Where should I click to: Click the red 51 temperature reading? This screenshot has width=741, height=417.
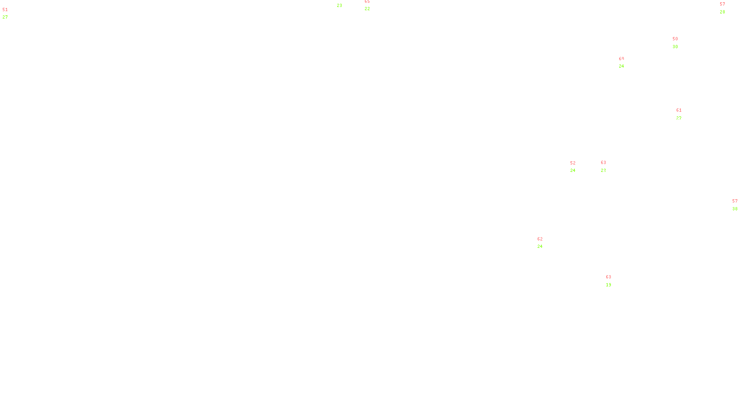pyautogui.click(x=5, y=10)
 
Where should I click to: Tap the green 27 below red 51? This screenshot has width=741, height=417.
pyautogui.click(x=5, y=17)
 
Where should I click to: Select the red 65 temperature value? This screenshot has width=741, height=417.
pyautogui.click(x=367, y=1)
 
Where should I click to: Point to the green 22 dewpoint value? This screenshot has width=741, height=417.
pyautogui.click(x=367, y=9)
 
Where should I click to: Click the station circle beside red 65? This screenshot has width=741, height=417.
pyautogui.click(x=371, y=5)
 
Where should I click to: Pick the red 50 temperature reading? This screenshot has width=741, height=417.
pyautogui.click(x=675, y=39)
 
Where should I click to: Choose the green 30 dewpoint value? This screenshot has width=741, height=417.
pyautogui.click(x=675, y=47)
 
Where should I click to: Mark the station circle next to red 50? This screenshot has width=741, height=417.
pyautogui.click(x=680, y=43)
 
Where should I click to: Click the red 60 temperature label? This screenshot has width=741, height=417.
pyautogui.click(x=622, y=59)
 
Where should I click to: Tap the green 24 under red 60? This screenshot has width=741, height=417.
pyautogui.click(x=622, y=66)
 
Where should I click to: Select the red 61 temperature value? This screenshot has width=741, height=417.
pyautogui.click(x=679, y=111)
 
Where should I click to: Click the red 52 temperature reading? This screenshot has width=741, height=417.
pyautogui.click(x=573, y=163)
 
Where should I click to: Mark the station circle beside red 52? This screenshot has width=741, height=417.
pyautogui.click(x=577, y=167)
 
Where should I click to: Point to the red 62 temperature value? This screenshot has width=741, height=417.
pyautogui.click(x=540, y=239)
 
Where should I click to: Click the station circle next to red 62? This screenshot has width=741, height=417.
pyautogui.click(x=545, y=243)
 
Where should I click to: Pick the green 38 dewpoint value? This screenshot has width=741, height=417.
pyautogui.click(x=735, y=209)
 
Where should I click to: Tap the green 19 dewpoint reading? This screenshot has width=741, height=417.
pyautogui.click(x=609, y=285)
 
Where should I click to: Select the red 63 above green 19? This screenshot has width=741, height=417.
pyautogui.click(x=609, y=278)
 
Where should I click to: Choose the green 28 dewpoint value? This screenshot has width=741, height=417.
pyautogui.click(x=722, y=12)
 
